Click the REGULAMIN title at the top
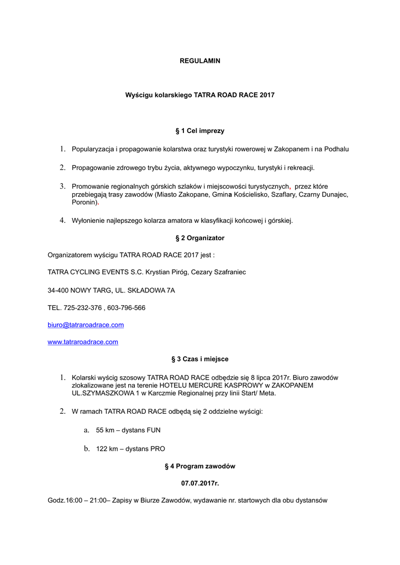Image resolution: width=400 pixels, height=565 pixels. [x=200, y=61]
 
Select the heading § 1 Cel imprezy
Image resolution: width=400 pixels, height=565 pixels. [x=200, y=131]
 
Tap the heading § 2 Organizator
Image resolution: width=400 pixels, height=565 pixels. [x=200, y=238]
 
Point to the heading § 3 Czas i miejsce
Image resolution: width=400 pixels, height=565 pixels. [x=200, y=359]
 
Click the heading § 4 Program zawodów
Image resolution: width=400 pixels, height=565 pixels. [x=200, y=466]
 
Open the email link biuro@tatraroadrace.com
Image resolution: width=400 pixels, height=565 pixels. [x=86, y=325]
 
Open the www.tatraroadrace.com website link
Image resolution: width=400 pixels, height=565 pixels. [x=83, y=342]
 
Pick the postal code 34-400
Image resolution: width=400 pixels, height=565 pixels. [x=59, y=290]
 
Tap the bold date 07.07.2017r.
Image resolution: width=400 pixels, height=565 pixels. [x=200, y=483]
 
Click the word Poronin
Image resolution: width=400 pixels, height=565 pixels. [x=85, y=202]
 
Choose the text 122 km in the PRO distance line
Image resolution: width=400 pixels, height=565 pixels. [x=108, y=449]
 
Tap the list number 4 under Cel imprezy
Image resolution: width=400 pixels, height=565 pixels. [x=63, y=221]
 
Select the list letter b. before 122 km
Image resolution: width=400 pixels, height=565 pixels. [x=87, y=449]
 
